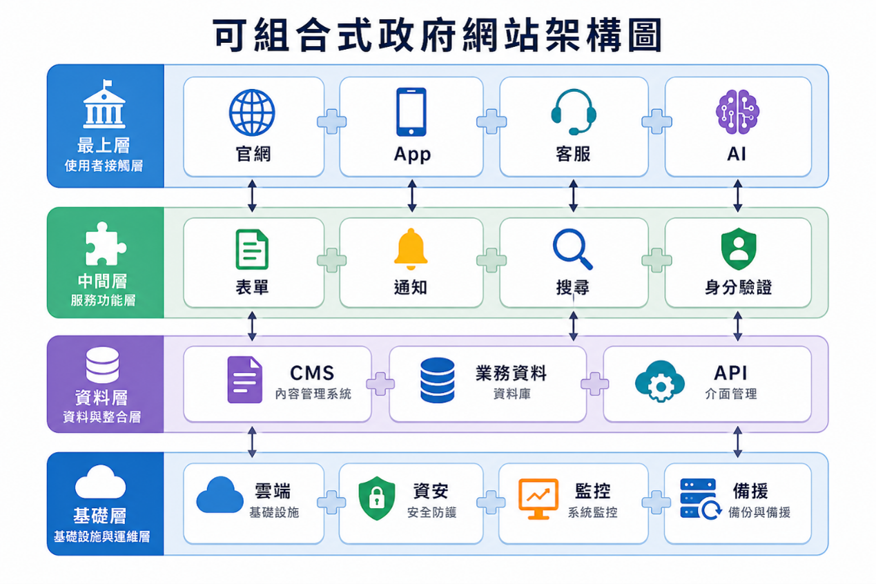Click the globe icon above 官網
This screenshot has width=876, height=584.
pyautogui.click(x=252, y=113)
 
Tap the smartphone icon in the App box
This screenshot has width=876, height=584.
pyautogui.click(x=411, y=112)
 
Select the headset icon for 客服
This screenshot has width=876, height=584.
pyautogui.click(x=574, y=112)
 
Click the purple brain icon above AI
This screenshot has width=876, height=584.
pyautogui.click(x=737, y=112)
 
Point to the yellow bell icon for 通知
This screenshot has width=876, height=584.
pyautogui.click(x=411, y=249)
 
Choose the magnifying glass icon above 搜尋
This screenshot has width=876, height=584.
pyautogui.click(x=572, y=249)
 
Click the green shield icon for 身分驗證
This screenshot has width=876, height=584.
pyautogui.click(x=739, y=249)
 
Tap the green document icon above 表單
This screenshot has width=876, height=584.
pyautogui.click(x=252, y=249)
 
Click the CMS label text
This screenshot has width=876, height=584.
pyautogui.click(x=312, y=373)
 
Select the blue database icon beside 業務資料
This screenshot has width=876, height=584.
pyautogui.click(x=437, y=380)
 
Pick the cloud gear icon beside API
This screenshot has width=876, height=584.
pyautogui.click(x=660, y=381)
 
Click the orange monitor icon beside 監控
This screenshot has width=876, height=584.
pyautogui.click(x=538, y=498)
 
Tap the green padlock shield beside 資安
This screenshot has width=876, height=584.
pyautogui.click(x=377, y=498)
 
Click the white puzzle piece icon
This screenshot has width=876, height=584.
pyautogui.click(x=105, y=243)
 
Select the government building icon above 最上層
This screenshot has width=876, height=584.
pyautogui.click(x=104, y=104)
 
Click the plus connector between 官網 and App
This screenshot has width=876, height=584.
pyautogui.click(x=331, y=121)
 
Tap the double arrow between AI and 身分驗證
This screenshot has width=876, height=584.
pyautogui.click(x=737, y=195)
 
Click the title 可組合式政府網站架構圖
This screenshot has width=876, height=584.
pyautogui.click(x=438, y=35)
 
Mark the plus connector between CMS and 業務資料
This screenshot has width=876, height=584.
pyautogui.click(x=380, y=384)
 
